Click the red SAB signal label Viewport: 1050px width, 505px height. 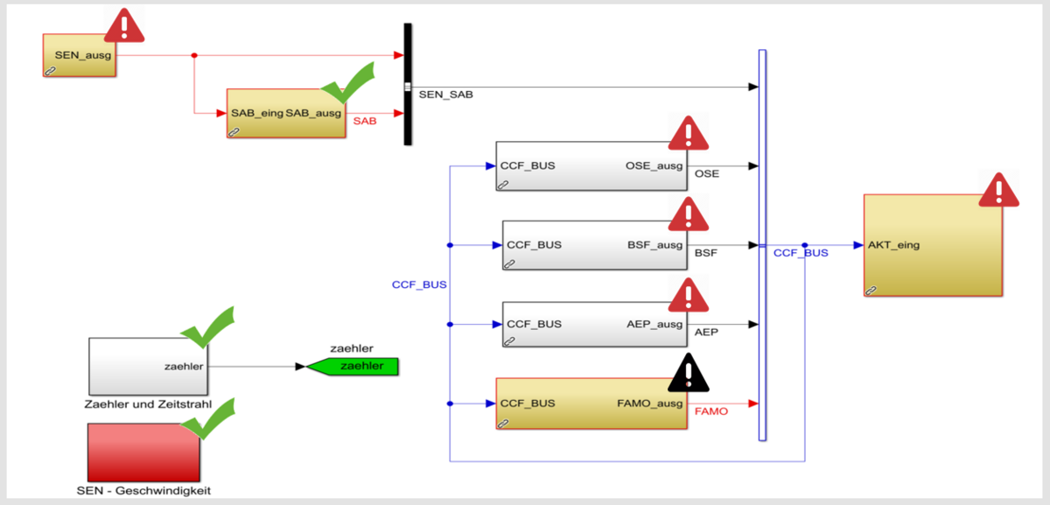coord(365,122)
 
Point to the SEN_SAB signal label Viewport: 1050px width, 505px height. coord(445,95)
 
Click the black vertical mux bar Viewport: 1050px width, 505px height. coord(408,84)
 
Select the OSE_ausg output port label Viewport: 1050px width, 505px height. coord(654,165)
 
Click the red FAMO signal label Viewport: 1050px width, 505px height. coord(710,411)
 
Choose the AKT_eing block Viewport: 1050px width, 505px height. coord(933,245)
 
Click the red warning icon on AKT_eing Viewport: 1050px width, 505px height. coord(997,192)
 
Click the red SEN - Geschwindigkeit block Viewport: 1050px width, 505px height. coord(144,452)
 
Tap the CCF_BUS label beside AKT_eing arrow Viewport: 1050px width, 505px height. coord(801,254)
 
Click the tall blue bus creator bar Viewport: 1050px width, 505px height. coord(762,245)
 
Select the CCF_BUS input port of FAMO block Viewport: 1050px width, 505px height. coord(528,403)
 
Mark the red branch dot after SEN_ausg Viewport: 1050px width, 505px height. coord(194,56)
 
